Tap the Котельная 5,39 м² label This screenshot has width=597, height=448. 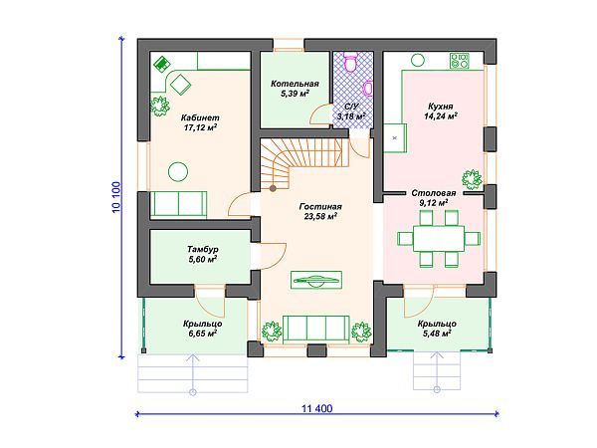pos(295,89)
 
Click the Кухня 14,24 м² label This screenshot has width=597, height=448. pos(441,111)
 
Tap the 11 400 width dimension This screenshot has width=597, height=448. pos(316,409)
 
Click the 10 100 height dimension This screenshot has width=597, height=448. pos(116,197)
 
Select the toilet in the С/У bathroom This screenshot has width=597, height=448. pos(350,62)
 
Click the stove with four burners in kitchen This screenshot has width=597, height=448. pos(460,61)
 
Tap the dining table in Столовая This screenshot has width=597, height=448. pos(439,239)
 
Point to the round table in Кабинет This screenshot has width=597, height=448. pos(178,172)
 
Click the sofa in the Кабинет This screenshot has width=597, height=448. pos(178,205)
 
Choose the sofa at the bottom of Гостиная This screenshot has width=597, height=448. pos(315,329)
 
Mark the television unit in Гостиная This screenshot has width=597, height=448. pos(316,280)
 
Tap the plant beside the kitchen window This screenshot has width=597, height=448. pos(472,179)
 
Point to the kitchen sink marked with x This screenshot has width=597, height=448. pos(395,138)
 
